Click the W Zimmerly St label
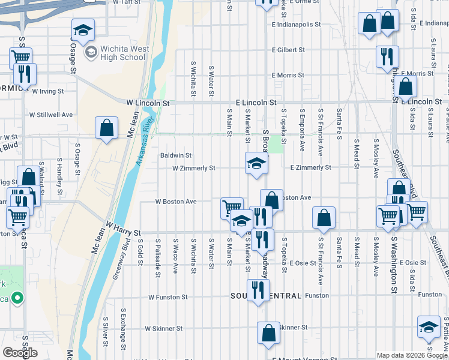point(193,169)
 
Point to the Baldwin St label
point(175,155)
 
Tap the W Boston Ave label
point(176,202)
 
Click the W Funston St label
point(168,297)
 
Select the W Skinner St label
point(164,329)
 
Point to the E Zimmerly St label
point(310,168)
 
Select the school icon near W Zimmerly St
point(256,164)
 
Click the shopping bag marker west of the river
point(106,128)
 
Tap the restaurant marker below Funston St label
point(258,291)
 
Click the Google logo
point(20,353)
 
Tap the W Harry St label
point(123,230)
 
